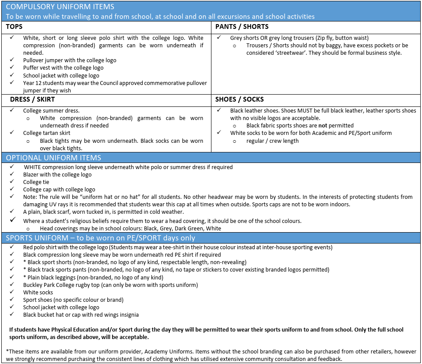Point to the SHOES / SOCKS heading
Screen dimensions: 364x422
[239, 99]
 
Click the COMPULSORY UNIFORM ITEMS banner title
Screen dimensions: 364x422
[60, 7]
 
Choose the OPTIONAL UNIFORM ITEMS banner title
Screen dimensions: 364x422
[53, 158]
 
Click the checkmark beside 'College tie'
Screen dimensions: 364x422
[12, 182]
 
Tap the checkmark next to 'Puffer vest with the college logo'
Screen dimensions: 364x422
[12, 68]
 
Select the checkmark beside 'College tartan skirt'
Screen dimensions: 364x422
[12, 133]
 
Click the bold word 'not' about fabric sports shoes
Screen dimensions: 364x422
[323, 126]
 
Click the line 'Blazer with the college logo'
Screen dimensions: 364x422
[57, 174]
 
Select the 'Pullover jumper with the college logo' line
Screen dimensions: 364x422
[70, 60]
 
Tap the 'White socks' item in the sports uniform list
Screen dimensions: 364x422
[38, 292]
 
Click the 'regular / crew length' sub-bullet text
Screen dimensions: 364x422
[272, 141]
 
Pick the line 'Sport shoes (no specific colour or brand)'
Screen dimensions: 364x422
[73, 300]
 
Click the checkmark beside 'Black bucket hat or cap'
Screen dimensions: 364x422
[12, 315]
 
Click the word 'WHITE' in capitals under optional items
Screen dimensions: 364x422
[34, 167]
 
